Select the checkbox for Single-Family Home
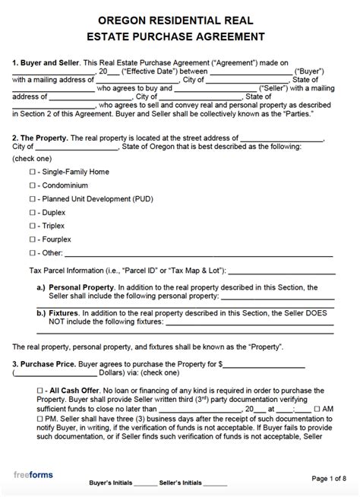(32, 173)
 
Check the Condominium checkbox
(32, 186)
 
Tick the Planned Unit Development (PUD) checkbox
(32, 199)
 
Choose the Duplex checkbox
(32, 213)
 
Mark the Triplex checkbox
(32, 226)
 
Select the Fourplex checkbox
(32, 239)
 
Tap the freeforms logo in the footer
(33, 476)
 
